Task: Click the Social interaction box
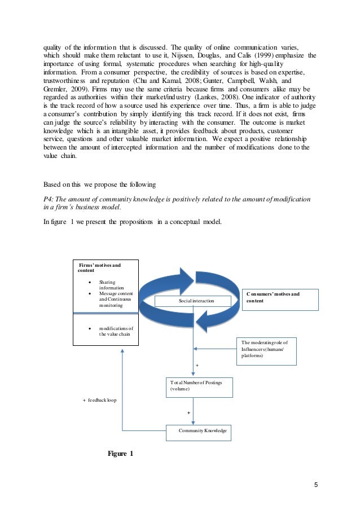(196, 301)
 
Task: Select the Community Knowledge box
(202, 431)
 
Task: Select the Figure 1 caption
(120, 453)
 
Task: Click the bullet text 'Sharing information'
(111, 285)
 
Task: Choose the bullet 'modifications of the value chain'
(116, 331)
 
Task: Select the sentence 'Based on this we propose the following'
(100, 184)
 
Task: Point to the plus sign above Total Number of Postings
(197, 366)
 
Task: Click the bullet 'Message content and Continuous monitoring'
(116, 300)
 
